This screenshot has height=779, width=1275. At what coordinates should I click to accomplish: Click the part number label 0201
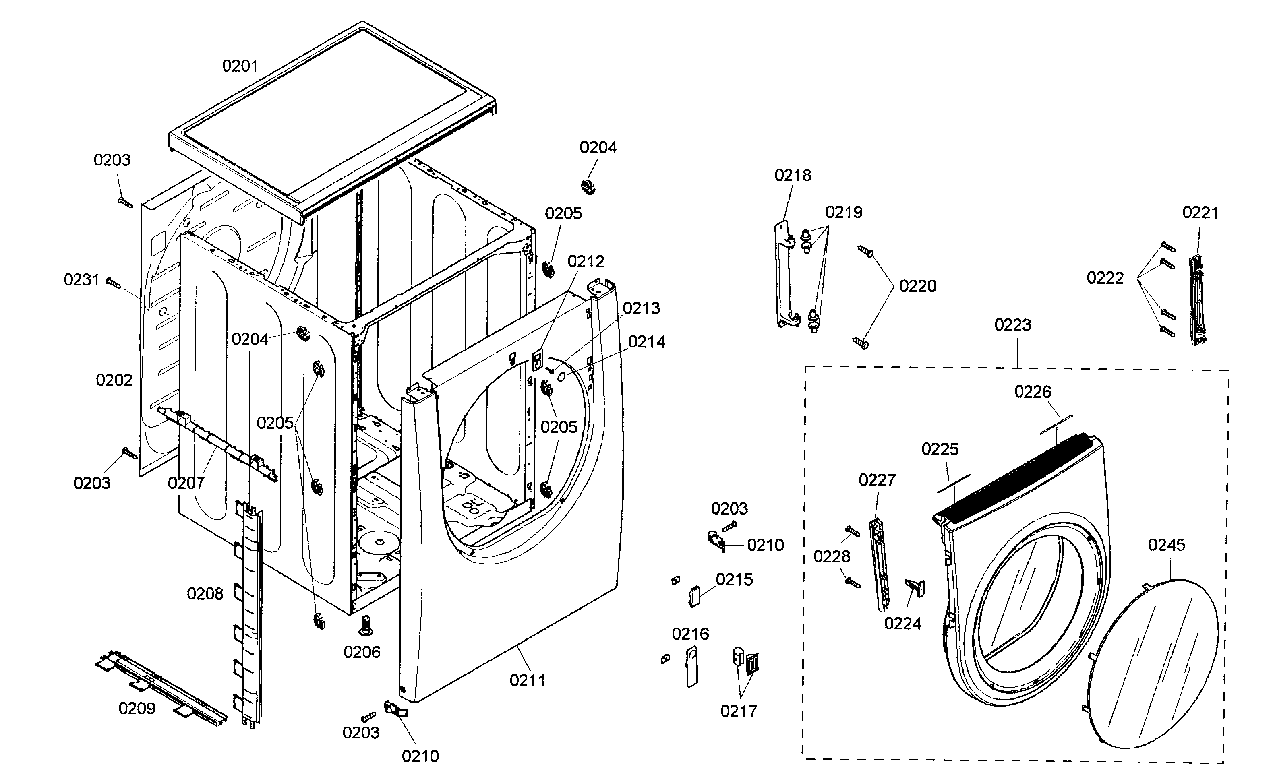(240, 66)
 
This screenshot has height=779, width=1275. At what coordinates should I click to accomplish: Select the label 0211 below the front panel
(527, 681)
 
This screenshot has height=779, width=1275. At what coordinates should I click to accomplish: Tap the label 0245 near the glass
(1166, 545)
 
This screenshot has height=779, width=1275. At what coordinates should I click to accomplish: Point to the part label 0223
(1013, 325)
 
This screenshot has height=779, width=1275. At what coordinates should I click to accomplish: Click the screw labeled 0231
(113, 283)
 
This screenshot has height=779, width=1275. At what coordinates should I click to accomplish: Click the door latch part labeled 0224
(915, 588)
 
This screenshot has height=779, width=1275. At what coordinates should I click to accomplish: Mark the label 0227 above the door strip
(877, 481)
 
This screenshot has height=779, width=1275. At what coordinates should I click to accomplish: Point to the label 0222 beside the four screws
(1105, 278)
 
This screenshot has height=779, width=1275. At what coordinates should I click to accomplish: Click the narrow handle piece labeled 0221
(1197, 300)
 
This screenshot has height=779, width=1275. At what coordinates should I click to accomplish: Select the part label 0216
(690, 634)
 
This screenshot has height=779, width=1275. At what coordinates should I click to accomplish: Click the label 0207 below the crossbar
(186, 483)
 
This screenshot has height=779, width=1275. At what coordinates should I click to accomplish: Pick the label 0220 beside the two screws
(917, 286)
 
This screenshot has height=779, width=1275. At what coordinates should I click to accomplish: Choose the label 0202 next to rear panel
(114, 381)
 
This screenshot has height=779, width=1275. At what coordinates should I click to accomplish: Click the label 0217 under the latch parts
(739, 711)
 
